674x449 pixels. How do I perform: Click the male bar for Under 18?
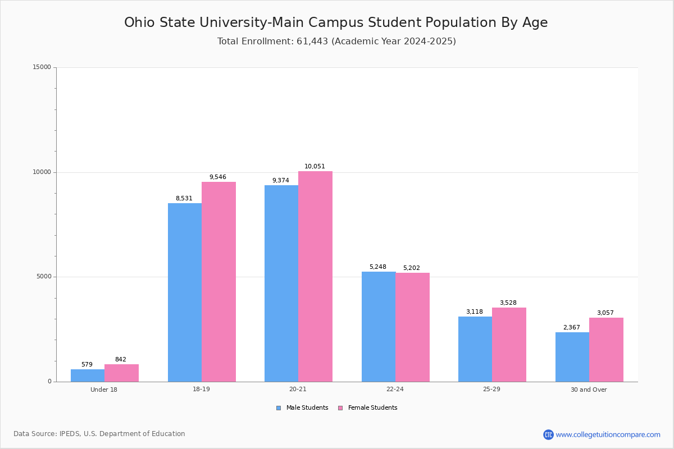pos(88,375)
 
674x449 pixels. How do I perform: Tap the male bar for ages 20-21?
pos(281,283)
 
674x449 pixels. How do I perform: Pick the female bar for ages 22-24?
pos(412,327)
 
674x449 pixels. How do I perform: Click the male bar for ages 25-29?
pos(475,349)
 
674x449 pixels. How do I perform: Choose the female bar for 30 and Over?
pos(606,350)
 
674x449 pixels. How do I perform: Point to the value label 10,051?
pos(315,167)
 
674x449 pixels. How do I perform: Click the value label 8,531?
pos(184,199)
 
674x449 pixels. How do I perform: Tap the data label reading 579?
pos(86,365)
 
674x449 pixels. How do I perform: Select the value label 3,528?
pos(508,303)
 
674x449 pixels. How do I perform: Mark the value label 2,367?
pos(571,328)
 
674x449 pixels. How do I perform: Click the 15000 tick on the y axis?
pos(42,67)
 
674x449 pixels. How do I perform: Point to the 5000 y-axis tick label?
pos(44,277)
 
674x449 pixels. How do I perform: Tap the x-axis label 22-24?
pos(395,390)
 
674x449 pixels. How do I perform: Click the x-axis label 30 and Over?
pos(589,390)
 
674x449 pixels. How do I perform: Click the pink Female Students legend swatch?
pos(340,408)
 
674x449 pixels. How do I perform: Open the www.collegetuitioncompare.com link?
pos(608,434)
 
